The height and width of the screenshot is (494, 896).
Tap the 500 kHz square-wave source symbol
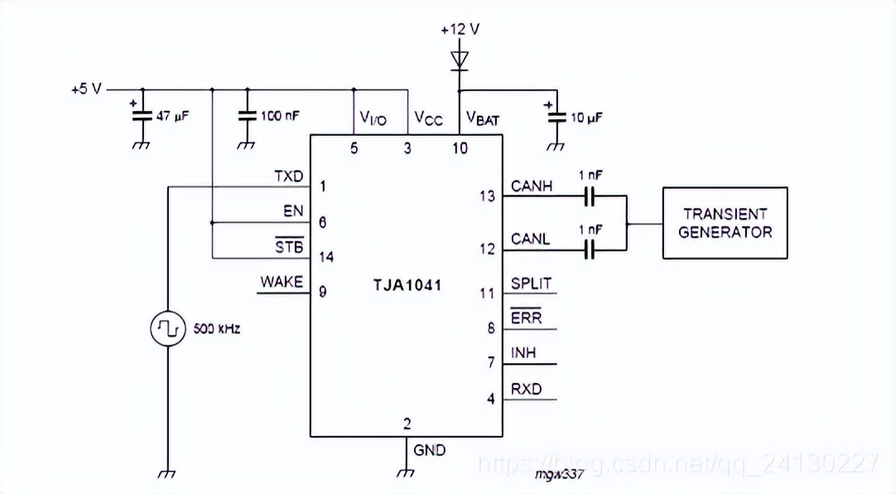tap(168, 328)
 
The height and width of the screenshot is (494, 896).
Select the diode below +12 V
tap(460, 61)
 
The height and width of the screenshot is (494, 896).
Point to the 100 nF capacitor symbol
tap(247, 115)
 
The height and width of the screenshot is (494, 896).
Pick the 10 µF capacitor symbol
tap(556, 117)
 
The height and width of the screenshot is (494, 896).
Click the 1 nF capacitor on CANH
tap(590, 196)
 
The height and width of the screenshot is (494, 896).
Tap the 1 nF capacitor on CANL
tap(590, 249)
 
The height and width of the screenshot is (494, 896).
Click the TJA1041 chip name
tap(407, 285)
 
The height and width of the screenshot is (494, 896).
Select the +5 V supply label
tap(86, 90)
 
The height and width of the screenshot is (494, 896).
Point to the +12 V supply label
tap(460, 29)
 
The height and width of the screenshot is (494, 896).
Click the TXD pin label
tap(288, 176)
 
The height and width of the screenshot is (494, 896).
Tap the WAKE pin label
tap(282, 282)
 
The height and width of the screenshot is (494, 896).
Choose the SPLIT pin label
tap(532, 283)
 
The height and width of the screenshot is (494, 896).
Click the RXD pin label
tap(527, 389)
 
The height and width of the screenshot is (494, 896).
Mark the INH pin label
tap(523, 353)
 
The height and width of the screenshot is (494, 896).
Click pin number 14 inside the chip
tap(326, 257)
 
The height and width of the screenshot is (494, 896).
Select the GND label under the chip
tap(429, 451)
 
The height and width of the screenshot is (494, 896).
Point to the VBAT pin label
tap(483, 119)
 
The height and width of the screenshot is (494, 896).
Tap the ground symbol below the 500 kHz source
tap(167, 474)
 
